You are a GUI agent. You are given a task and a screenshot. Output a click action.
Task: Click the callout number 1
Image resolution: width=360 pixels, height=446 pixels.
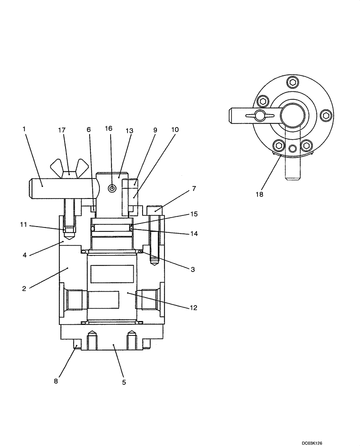click(x=24, y=129)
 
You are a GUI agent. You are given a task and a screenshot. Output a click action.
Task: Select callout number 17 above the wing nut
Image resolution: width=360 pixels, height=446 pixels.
click(x=61, y=130)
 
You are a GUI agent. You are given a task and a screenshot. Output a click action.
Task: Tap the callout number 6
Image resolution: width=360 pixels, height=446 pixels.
click(x=88, y=130)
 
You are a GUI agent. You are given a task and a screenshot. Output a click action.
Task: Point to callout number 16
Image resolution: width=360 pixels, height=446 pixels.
click(x=109, y=128)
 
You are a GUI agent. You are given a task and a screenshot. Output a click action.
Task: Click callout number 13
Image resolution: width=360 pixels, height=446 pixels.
click(x=129, y=131)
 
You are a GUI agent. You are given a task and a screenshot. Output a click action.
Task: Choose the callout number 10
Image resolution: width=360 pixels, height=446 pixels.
click(x=174, y=130)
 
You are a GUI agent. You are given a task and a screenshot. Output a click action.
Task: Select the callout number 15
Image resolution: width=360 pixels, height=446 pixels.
click(x=194, y=214)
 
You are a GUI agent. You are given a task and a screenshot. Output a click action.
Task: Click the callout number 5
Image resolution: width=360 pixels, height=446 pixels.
click(x=124, y=382)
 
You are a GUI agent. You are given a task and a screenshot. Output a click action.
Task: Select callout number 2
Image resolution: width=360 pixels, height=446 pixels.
click(x=25, y=288)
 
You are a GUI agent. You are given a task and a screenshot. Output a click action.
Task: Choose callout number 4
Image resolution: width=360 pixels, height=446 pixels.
click(x=25, y=256)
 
